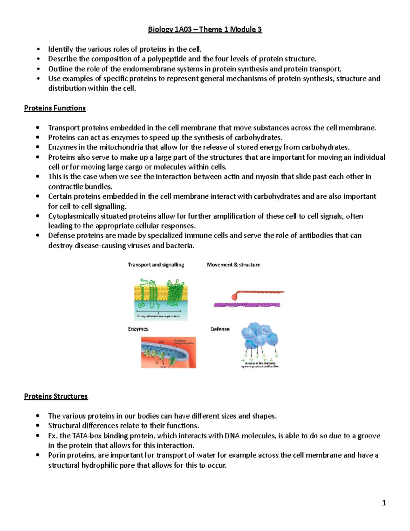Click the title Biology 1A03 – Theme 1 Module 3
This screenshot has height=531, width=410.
tap(205, 29)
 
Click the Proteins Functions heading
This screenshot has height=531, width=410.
tap(55, 108)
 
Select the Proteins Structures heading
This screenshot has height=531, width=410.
tap(56, 396)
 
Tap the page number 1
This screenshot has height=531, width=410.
tap(384, 503)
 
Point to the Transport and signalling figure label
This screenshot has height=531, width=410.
tap(156, 265)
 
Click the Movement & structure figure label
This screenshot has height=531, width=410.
tap(233, 265)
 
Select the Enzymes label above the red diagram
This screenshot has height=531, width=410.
tap(138, 329)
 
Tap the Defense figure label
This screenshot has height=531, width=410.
tap(220, 329)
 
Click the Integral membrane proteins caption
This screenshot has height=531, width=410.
tap(159, 316)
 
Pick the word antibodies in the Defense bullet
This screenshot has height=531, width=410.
tap(316, 236)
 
